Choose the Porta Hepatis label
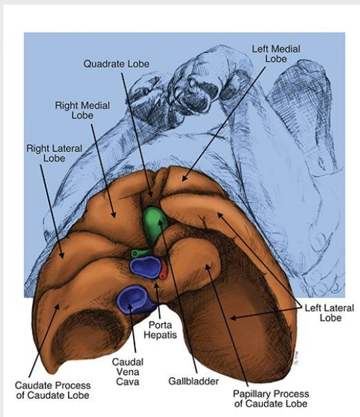point(163,331)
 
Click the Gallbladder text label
point(190,382)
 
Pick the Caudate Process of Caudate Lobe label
point(52,391)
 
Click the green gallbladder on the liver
point(155,224)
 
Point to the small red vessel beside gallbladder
point(162,268)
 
